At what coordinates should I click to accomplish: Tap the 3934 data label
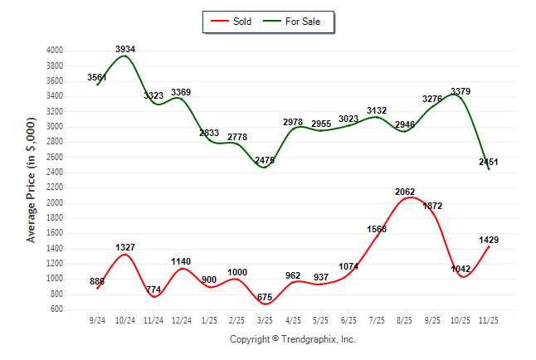pos(125,50)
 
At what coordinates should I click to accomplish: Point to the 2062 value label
pos(405,192)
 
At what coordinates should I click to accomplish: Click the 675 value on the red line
pos(265,297)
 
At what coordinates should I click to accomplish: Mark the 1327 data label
pos(125,248)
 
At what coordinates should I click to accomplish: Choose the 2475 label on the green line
pos(265,160)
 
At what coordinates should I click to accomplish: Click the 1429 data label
pos(488,240)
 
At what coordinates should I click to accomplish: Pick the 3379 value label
pos(460,91)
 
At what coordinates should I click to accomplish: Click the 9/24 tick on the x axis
pos(98,319)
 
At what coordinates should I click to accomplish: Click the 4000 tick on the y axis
pos(54,51)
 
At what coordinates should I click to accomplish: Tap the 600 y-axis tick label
pos(56,309)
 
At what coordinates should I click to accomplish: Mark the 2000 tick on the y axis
pos(54,203)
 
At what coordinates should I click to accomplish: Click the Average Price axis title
pos(32,180)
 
